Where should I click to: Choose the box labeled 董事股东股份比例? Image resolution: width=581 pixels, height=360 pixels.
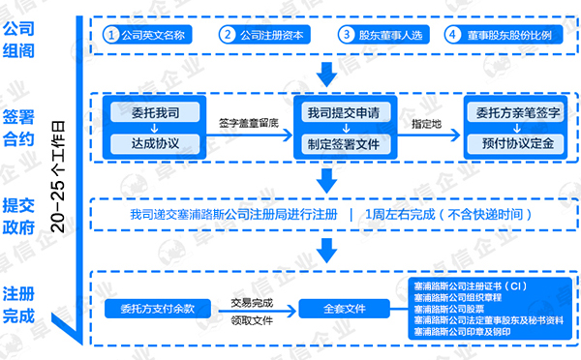[x=501, y=34]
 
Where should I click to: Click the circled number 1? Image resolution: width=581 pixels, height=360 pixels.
[x=112, y=34]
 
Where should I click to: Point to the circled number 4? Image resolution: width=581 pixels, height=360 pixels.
[x=451, y=34]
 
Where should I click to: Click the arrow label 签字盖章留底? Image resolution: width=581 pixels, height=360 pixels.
[x=248, y=123]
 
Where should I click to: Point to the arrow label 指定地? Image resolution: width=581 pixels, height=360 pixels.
[x=426, y=124]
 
